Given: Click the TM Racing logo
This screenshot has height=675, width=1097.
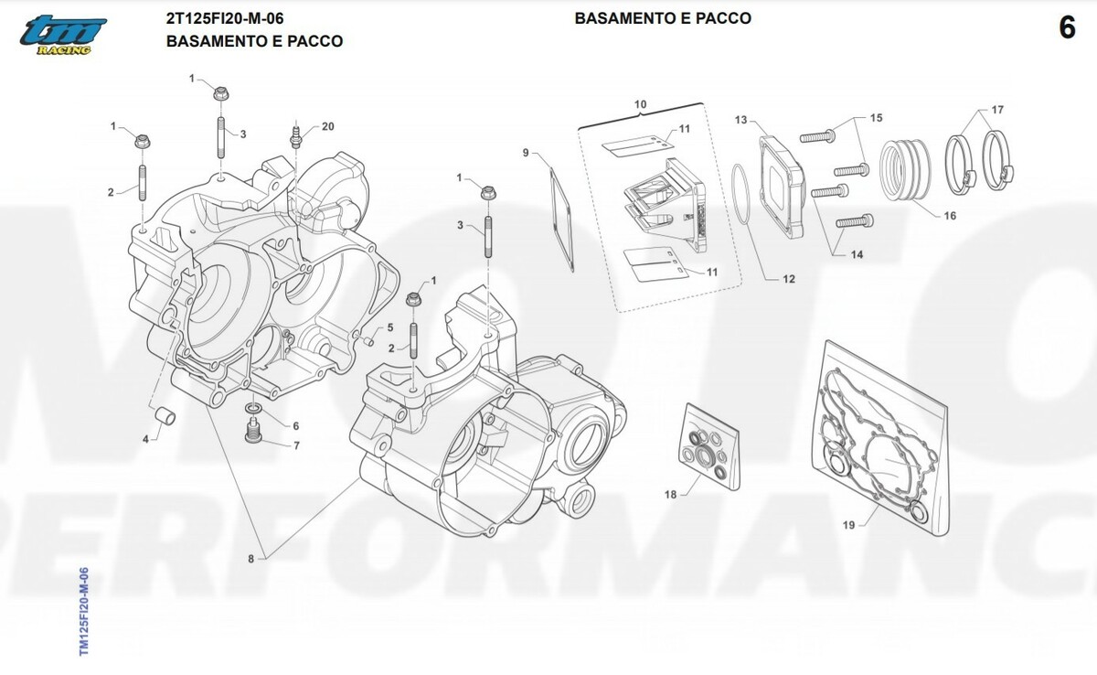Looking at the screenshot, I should (63, 34).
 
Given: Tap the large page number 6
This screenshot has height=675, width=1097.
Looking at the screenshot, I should (1067, 28).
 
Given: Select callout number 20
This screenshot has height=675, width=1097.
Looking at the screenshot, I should (328, 126).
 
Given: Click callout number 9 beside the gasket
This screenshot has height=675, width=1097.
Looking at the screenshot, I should (526, 153).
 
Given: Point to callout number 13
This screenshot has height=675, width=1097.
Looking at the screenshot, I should (740, 120).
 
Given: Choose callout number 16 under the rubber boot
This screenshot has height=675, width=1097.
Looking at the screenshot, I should (950, 216).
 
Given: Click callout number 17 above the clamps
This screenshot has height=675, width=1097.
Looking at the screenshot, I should (997, 110).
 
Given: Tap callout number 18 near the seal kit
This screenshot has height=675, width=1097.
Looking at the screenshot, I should (670, 494).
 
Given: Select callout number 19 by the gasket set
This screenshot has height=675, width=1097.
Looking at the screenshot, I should (848, 525).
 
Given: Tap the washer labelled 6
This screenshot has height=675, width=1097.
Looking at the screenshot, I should (252, 407).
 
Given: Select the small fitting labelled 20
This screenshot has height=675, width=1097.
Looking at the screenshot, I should (295, 139).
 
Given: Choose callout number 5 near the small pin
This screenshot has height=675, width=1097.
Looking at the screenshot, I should (389, 327).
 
